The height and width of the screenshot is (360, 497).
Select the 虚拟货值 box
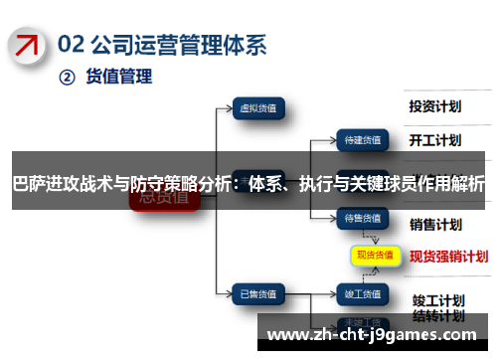tap(259, 107)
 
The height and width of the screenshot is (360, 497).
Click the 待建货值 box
tap(361, 139)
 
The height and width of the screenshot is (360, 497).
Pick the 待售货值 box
tap(361, 217)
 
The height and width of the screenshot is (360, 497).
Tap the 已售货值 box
tap(260, 266)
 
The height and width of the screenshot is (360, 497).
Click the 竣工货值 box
tap(361, 266)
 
